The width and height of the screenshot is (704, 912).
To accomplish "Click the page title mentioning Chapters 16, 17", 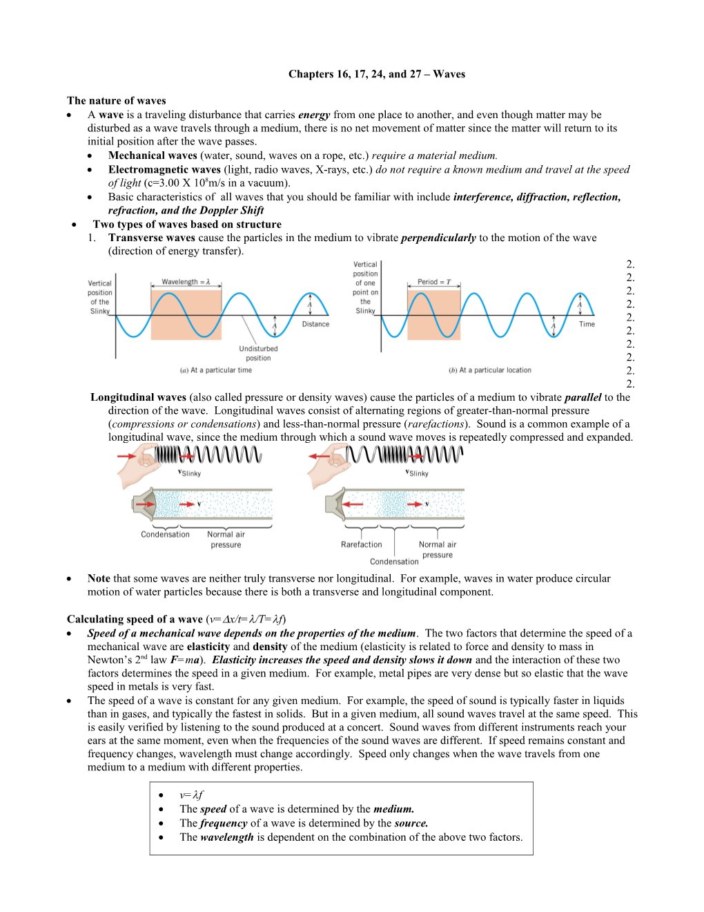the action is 377,74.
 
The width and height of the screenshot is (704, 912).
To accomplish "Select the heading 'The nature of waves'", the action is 116,101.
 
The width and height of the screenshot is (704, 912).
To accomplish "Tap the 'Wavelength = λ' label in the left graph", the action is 186,282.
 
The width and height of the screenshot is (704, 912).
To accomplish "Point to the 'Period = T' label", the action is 434,282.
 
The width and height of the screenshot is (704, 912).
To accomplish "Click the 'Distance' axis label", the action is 315,324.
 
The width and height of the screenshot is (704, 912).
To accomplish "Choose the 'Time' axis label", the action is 587,324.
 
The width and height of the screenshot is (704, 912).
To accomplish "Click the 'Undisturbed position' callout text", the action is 258,353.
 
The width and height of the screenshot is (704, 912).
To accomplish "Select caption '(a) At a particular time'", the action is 216,370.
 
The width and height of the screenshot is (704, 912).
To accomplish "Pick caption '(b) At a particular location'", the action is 490,370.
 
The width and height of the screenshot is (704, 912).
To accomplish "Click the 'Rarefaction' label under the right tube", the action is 362,544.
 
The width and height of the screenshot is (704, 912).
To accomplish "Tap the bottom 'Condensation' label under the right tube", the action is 394,562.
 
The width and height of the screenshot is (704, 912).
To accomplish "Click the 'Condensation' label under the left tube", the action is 165,534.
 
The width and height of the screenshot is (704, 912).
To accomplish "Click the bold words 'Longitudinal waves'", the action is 138,397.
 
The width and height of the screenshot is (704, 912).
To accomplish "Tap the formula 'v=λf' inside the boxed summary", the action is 191,795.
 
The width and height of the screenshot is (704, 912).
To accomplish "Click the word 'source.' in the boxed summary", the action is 411,823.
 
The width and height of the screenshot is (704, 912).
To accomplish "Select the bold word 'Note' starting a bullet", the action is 99,578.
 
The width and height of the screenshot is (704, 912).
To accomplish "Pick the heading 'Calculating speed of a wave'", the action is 135,619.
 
